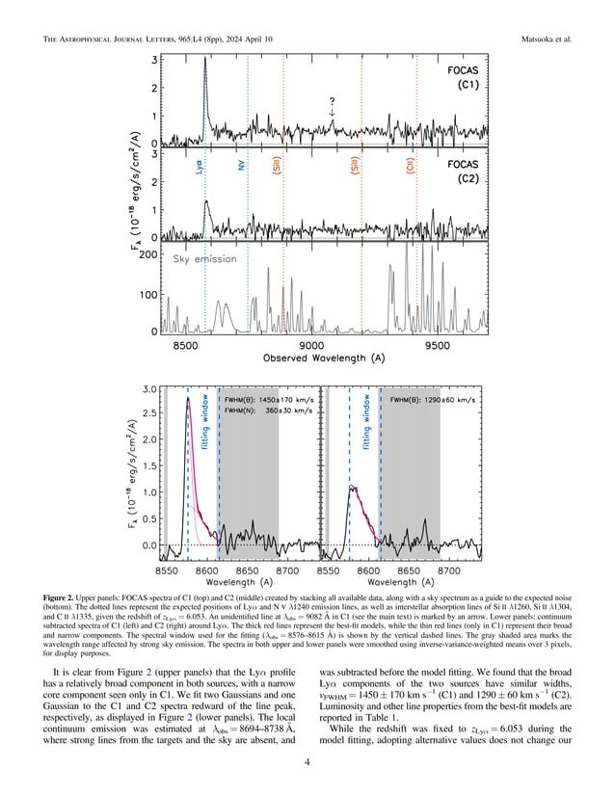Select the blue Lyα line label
(199, 168)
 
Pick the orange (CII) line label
(411, 168)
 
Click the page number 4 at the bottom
(307, 767)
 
